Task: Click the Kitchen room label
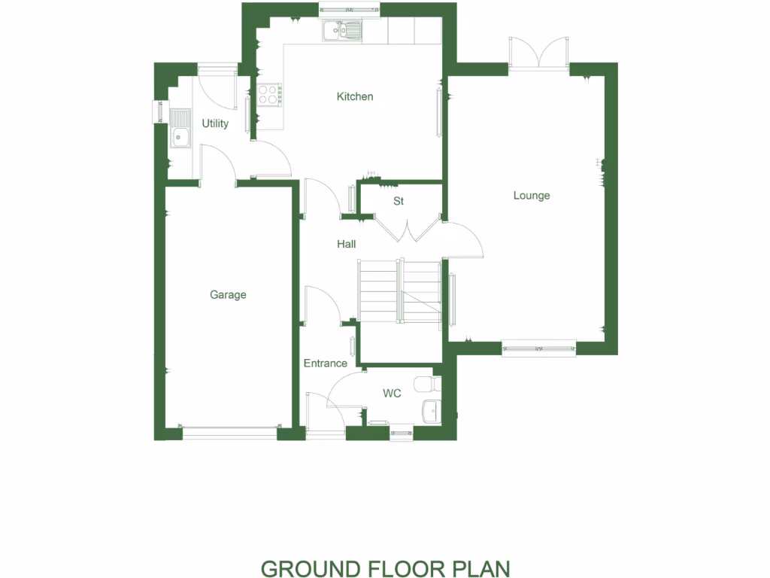coord(354,96)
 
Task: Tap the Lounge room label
coord(532,196)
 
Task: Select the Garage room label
coord(228,295)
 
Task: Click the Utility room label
coord(215,123)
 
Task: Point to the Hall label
coord(346,244)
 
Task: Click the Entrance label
coord(325,364)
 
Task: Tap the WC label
coord(392,394)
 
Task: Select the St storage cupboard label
coord(399,202)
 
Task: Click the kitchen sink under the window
coord(342,31)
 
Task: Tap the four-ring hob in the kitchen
coord(269,94)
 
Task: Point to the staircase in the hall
coord(399,291)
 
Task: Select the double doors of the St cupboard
coord(407,229)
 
